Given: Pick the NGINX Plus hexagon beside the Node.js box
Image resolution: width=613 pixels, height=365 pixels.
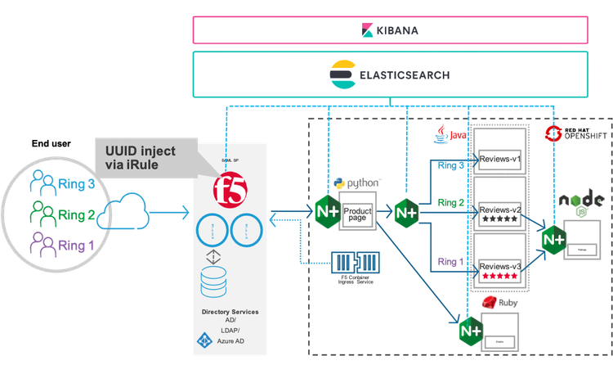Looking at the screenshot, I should [553, 238].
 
